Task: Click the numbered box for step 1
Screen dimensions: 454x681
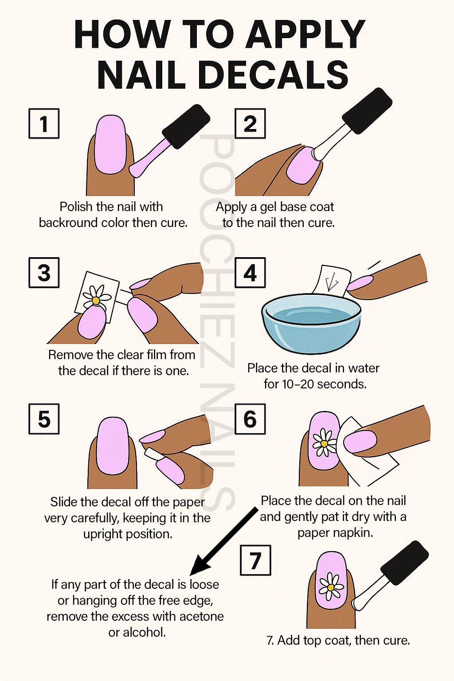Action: pos(44,123)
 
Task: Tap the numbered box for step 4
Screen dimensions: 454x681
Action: pos(250,272)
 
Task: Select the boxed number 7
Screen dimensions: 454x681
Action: pos(255,560)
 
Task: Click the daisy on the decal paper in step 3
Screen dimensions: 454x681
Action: pos(95,297)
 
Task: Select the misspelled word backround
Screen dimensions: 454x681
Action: pos(68,223)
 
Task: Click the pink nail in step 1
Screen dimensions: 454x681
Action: pos(110,145)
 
